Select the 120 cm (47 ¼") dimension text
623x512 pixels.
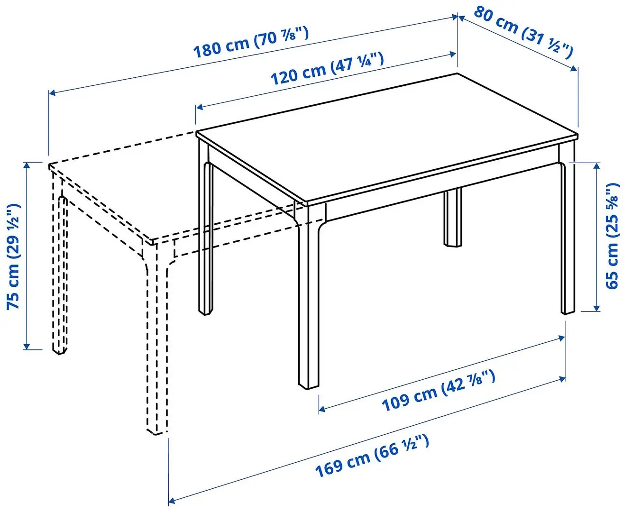point(327,69)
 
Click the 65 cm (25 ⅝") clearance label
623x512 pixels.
point(612,236)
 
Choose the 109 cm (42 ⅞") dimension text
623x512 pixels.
point(439,391)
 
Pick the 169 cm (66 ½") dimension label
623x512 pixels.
point(372,456)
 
